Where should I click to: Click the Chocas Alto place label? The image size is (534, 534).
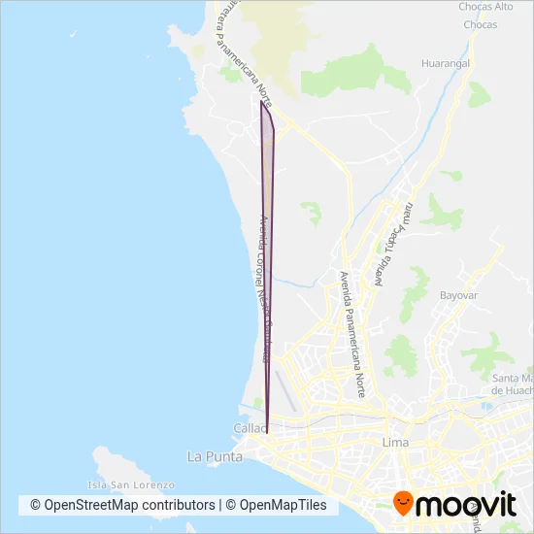pyautogui.click(x=485, y=6)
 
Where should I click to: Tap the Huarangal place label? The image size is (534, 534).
pyautogui.click(x=446, y=63)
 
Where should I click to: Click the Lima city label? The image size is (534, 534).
pyautogui.click(x=396, y=442)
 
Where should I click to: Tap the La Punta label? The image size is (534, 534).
pyautogui.click(x=209, y=455)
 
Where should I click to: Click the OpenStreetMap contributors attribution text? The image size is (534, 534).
pyautogui.click(x=122, y=505)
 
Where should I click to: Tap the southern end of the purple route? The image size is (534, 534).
pyautogui.click(x=267, y=427)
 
